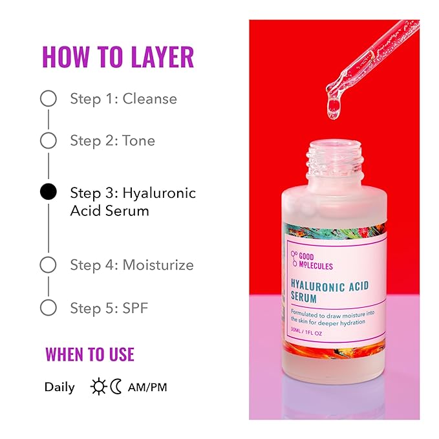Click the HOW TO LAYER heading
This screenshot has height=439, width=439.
[x=118, y=58]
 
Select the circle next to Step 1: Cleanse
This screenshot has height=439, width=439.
[x=48, y=99]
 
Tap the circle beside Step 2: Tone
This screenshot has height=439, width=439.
[x=48, y=140]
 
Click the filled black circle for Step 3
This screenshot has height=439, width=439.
[x=48, y=192]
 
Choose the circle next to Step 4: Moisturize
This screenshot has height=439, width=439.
[x=48, y=265]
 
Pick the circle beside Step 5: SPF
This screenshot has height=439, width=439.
[x=48, y=307]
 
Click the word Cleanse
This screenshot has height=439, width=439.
[x=149, y=99]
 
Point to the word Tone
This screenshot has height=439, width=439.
[x=138, y=140]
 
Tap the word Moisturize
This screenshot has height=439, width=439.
[x=158, y=265]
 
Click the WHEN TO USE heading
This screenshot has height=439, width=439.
[x=90, y=354]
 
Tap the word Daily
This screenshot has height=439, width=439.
[x=59, y=387]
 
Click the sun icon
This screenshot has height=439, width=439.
[x=99, y=387]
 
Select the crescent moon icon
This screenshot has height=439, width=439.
[x=116, y=387]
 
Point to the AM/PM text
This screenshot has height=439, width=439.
[x=147, y=387]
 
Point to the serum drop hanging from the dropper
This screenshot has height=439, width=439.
[x=334, y=107]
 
